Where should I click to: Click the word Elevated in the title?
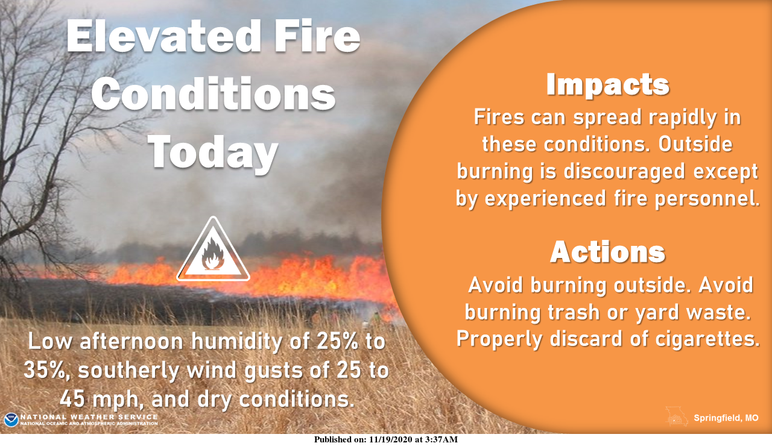(163, 37)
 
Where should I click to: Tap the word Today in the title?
(214, 151)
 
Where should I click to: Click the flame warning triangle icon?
(213, 250)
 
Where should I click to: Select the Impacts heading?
(607, 86)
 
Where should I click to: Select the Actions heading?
(607, 252)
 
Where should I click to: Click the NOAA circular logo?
(11, 420)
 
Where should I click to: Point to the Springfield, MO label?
(726, 418)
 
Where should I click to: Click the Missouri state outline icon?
(677, 416)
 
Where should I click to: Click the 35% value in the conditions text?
(47, 371)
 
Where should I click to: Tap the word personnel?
(707, 199)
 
